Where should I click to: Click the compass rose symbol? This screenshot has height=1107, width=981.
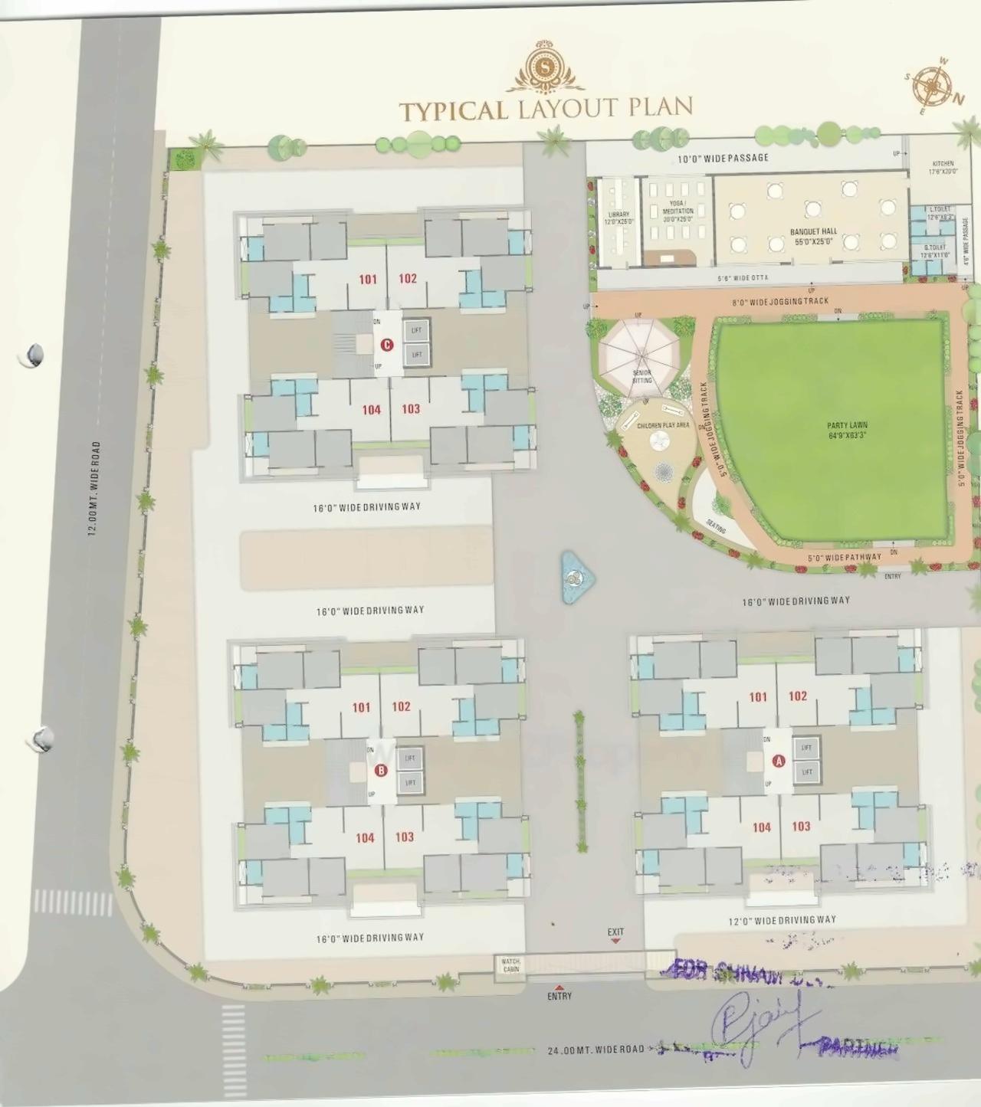pos(932,86)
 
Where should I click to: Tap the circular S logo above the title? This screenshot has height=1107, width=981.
pos(545,67)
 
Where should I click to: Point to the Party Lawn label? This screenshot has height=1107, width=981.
pos(847,430)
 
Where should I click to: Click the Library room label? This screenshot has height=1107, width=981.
pos(618,218)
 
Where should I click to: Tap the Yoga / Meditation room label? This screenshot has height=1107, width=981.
pos(678,211)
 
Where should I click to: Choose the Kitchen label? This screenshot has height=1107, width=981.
pos(943,167)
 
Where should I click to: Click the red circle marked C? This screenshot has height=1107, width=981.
pos(387,345)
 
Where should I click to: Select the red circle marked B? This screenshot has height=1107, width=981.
pos(381,770)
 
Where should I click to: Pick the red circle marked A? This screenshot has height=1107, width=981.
pos(779,761)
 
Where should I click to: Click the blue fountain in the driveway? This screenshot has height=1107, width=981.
pos(576,577)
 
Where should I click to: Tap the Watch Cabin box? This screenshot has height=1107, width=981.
pos(510,965)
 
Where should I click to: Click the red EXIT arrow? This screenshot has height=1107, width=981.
pos(615,941)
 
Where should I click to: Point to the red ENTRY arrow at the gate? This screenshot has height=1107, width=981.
pos(559,987)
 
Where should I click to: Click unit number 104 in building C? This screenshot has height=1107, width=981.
pos(372,410)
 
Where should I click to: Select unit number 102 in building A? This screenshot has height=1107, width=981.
pos(798,696)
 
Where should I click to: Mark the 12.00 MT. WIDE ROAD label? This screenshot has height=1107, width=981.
pos(94,488)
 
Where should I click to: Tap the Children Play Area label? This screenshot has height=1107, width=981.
pos(663,425)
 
